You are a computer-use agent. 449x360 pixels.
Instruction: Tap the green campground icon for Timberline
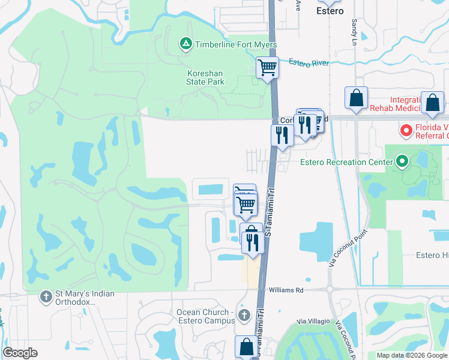click(186, 44)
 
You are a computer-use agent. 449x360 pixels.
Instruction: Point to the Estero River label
click(309, 62)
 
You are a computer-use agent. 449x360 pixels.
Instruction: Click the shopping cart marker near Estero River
click(267, 67)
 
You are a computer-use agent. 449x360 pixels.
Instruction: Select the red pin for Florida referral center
click(405, 130)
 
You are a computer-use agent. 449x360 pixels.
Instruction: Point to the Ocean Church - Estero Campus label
click(203, 316)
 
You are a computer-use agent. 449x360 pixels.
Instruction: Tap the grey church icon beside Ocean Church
click(243, 315)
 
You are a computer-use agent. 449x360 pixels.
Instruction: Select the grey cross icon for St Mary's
click(46, 296)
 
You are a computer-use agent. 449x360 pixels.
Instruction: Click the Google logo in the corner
click(20, 353)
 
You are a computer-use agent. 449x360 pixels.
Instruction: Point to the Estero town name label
click(329, 10)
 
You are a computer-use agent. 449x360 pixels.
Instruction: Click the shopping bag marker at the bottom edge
click(246, 346)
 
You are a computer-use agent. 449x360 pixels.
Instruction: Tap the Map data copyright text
click(412, 355)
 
